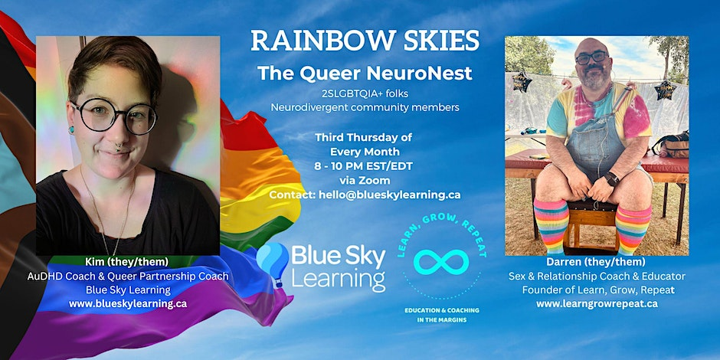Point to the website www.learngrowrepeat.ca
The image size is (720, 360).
(597, 303)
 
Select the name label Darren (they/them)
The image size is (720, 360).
(597, 261)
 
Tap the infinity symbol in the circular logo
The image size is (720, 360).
(441, 262)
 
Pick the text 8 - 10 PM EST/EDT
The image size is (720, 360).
(364, 166)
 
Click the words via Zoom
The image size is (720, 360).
(364, 181)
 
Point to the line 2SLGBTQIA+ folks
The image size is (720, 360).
(364, 93)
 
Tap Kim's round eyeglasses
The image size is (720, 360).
(115, 116)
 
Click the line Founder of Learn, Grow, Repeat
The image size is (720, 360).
(597, 290)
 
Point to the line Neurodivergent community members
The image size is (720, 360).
(364, 107)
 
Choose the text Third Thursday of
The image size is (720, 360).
(364, 137)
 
